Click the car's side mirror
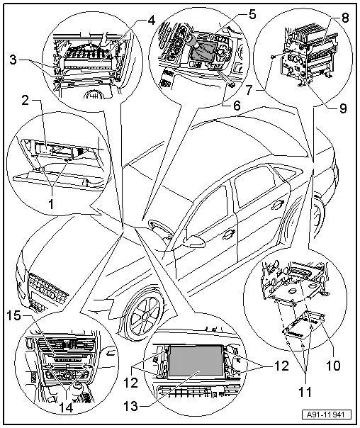pos(191,242)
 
